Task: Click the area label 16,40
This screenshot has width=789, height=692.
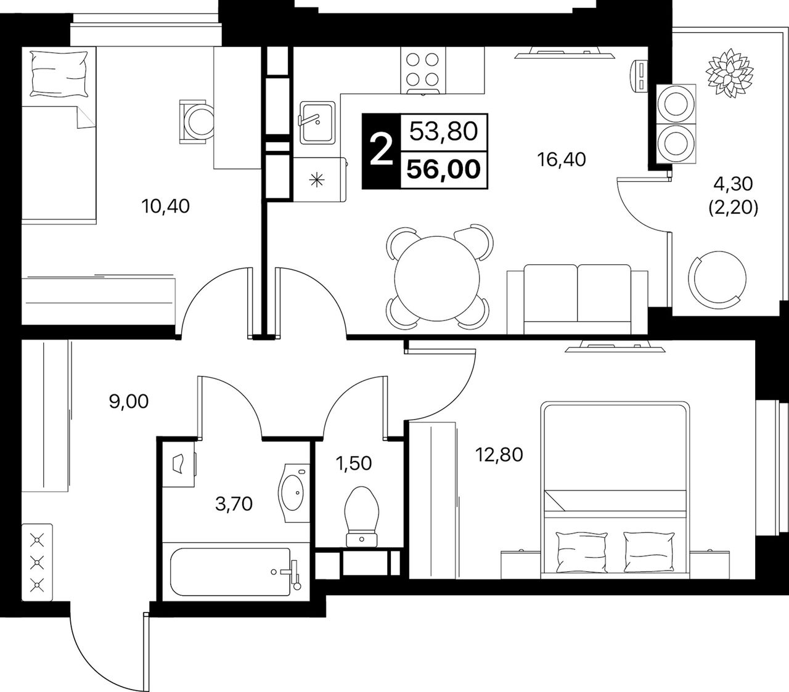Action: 561,160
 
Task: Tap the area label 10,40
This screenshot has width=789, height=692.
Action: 166,206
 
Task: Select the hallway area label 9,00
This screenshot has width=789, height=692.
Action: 129,402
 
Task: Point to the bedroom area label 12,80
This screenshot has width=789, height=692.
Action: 499,455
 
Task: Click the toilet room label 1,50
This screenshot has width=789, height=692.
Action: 354,463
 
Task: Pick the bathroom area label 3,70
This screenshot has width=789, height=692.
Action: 234,504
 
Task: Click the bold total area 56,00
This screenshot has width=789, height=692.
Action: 444,169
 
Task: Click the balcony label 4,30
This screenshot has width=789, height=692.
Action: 733,184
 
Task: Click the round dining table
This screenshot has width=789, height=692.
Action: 437,279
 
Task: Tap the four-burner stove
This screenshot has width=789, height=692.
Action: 423,70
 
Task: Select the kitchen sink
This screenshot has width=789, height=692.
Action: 317,123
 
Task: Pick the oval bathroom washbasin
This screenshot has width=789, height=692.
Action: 294,492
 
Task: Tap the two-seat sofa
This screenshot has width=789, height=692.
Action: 577,299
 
